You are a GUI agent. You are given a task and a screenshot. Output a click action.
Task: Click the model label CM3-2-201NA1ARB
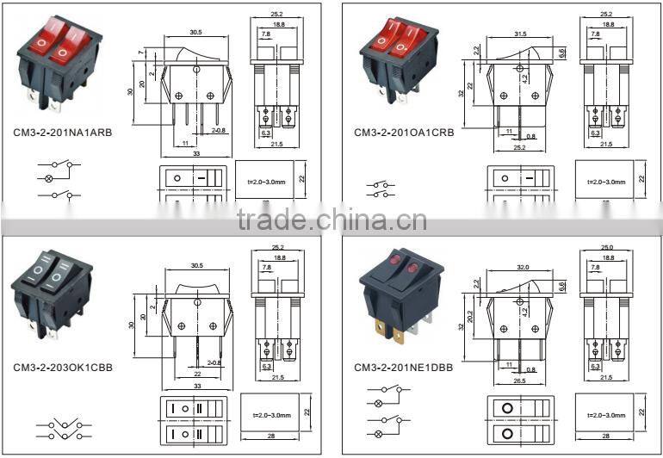click(62, 133)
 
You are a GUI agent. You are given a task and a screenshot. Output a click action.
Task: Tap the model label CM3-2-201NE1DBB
click(403, 367)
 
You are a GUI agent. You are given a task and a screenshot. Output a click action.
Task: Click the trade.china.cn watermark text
click(331, 220)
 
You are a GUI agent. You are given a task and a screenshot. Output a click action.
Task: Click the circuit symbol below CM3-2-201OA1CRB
click(384, 189)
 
